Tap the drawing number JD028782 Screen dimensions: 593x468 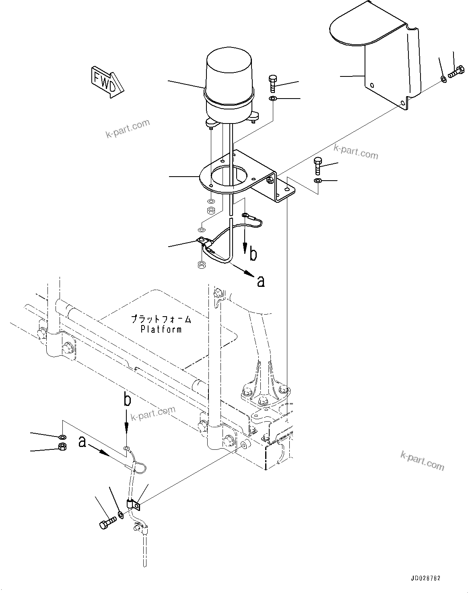(426, 578)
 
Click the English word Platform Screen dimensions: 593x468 (161, 329)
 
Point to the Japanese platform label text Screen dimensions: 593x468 (161, 320)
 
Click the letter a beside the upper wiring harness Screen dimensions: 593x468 (261, 281)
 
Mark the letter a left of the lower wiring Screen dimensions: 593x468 (82, 442)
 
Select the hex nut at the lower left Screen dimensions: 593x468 (62, 446)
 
